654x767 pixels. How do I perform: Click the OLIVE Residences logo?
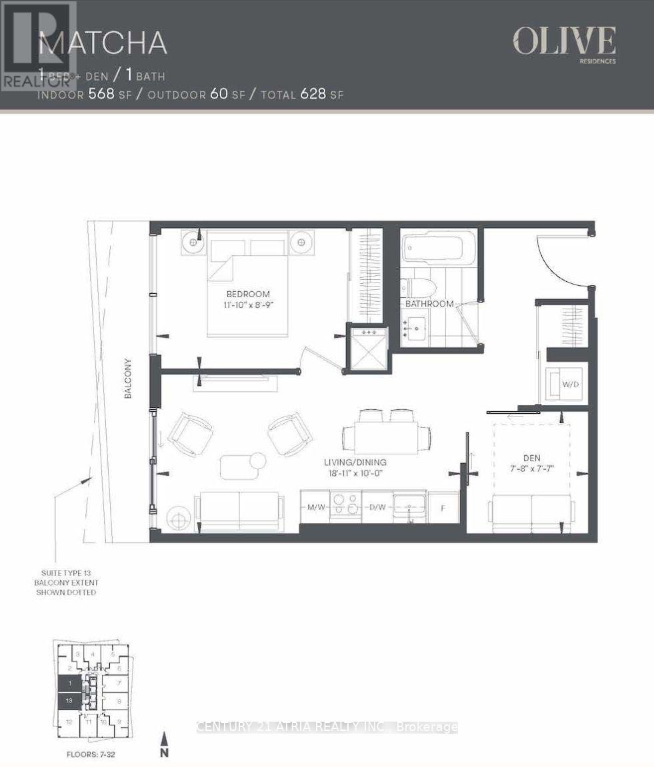point(563,44)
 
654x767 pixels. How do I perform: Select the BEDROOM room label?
point(247,294)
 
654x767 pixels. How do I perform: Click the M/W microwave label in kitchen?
point(315,507)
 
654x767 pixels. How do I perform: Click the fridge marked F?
point(443,508)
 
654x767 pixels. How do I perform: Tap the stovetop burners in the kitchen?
point(346,504)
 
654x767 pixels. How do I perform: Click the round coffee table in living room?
point(257,460)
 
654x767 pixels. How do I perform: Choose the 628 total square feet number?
point(313,94)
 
